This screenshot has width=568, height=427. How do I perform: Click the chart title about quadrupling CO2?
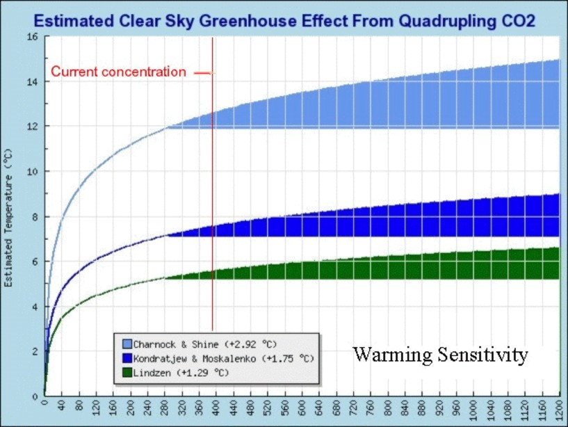click(284, 21)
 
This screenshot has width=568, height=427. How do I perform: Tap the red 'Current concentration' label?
click(119, 72)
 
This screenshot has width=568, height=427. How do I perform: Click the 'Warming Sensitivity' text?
click(440, 355)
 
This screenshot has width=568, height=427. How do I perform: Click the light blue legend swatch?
click(126, 344)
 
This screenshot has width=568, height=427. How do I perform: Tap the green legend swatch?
click(126, 372)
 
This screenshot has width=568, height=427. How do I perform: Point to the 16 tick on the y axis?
click(31, 36)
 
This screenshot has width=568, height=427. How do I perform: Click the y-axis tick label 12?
click(31, 127)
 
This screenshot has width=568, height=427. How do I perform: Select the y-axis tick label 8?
click(33, 216)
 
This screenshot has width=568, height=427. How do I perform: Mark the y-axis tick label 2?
click(33, 351)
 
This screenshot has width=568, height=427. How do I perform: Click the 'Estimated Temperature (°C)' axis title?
click(9, 216)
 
